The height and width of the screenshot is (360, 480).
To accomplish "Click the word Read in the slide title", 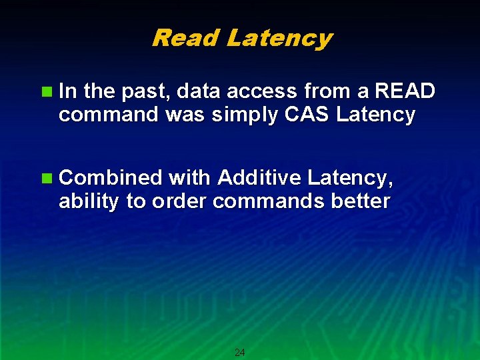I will pos(186,38).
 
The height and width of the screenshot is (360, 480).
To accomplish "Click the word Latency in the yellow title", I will pos(279,38).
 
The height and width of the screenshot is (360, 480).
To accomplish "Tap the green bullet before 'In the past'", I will pos(46,91).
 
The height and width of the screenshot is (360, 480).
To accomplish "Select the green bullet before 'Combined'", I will pos(46,178).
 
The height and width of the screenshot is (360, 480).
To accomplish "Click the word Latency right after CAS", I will pos(376,115).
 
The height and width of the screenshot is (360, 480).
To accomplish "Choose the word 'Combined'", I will pos(111,177).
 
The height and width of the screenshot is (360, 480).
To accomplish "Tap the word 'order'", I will pos(179,201).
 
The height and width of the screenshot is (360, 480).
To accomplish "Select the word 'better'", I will pos(358,201).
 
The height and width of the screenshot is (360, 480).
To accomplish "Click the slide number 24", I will pos(240,352).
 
